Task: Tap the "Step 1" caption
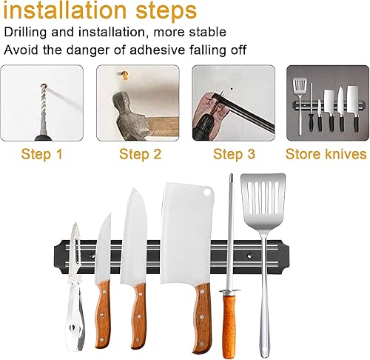point(42,154)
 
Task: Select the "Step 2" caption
point(140,154)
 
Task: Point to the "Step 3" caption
point(234,154)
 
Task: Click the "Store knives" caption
point(326,154)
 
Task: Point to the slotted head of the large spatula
point(272,200)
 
